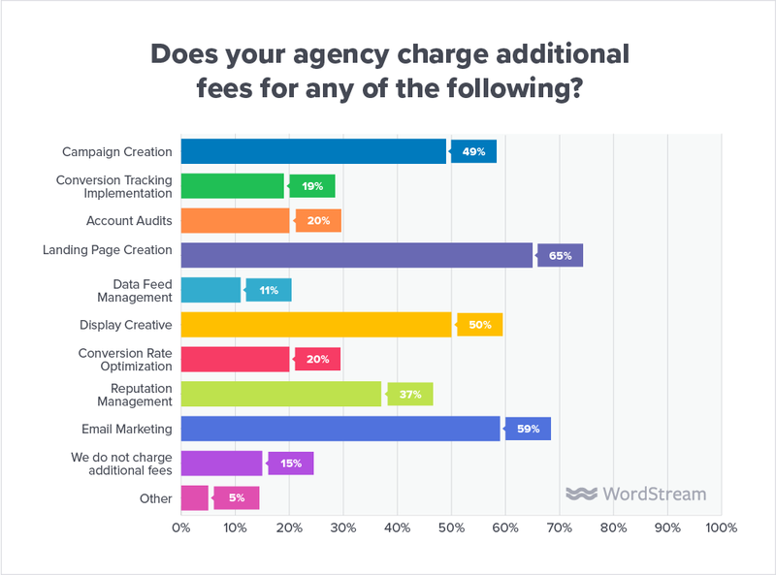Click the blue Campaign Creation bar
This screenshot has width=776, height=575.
[313, 151]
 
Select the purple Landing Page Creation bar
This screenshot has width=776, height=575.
[357, 255]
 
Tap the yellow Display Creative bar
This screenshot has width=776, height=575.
[316, 324]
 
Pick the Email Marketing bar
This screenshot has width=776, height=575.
[340, 428]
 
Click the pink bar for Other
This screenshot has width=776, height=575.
[194, 497]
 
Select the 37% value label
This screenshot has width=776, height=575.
[411, 394]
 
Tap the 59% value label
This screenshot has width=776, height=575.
[530, 429]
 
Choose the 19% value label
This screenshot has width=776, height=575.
[313, 186]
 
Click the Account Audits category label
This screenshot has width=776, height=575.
[129, 221]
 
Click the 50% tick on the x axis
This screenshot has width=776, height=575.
[451, 528]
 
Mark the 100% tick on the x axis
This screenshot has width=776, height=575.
[721, 528]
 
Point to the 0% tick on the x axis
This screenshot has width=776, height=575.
[181, 528]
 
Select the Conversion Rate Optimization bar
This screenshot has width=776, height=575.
[236, 359]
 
